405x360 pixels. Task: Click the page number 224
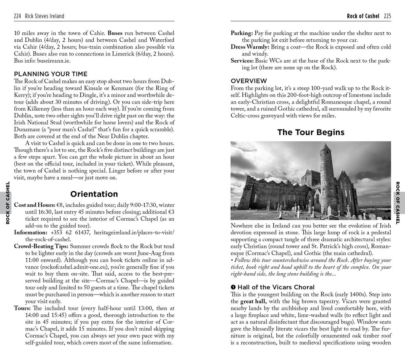pyautogui.click(x=17, y=16)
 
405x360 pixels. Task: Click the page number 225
pyautogui.click(x=387, y=16)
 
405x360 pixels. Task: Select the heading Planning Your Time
pyautogui.click(x=51, y=74)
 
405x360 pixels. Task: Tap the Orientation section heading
pyautogui.click(x=94, y=194)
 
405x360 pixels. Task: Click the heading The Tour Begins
pyautogui.click(x=310, y=132)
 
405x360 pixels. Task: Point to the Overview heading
pyautogui.click(x=249, y=81)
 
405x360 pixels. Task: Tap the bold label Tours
pyautogui.click(x=22, y=308)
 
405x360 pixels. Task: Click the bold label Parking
pyautogui.click(x=242, y=33)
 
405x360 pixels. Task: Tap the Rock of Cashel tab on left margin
pyautogui.click(x=7, y=202)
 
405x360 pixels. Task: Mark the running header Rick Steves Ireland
pyautogui.click(x=44, y=16)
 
